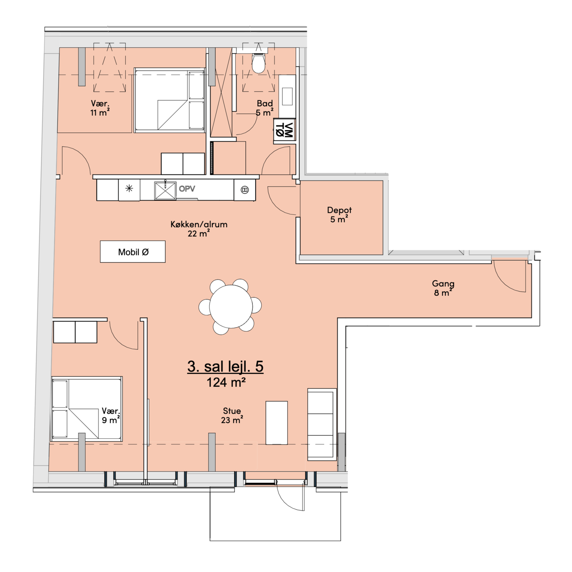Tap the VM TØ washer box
pyautogui.click(x=284, y=130)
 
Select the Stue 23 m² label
pyautogui.click(x=232, y=415)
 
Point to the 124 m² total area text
pyautogui.click(x=226, y=383)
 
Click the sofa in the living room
pyautogui.click(x=322, y=424)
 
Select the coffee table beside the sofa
pyautogui.click(x=276, y=423)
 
